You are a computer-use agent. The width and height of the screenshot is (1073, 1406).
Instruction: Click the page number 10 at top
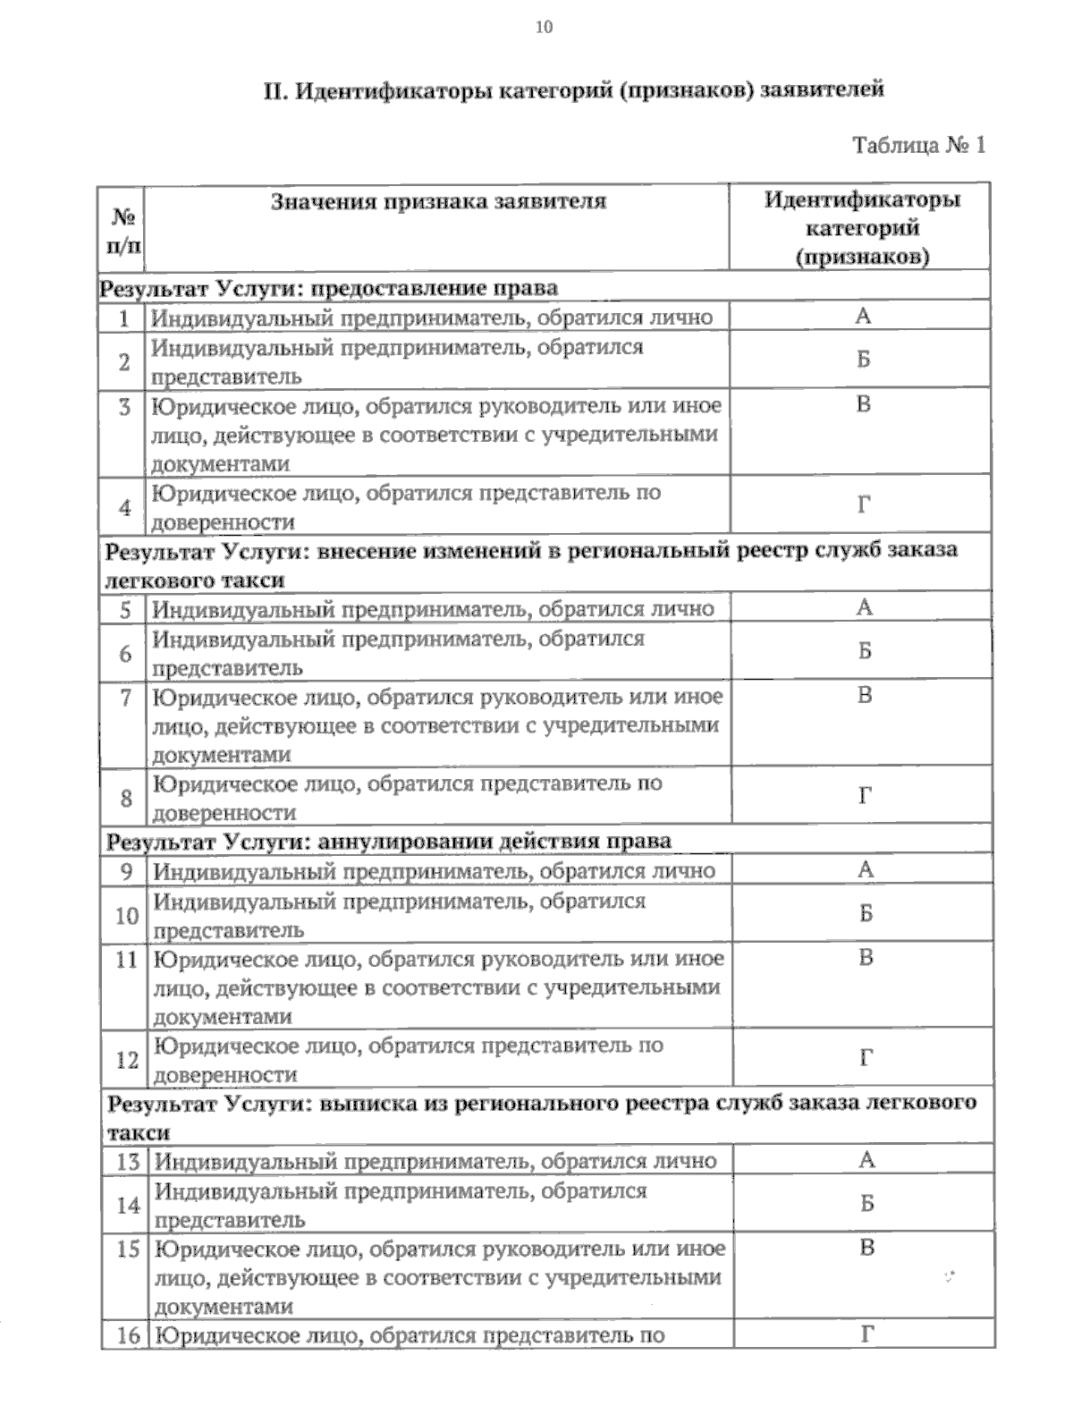pos(544,27)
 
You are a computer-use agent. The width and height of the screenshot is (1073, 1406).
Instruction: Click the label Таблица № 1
pos(919,145)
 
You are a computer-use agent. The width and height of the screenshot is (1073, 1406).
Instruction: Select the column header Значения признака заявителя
pos(438,200)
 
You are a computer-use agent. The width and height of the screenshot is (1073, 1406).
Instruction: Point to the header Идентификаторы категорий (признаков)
pos(862,228)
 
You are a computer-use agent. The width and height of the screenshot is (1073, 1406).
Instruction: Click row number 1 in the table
pos(124,318)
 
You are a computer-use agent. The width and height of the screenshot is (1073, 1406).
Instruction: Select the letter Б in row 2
pos(863,360)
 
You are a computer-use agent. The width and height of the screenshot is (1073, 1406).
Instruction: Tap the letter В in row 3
pos(863,405)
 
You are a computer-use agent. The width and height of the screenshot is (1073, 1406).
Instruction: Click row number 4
pos(125,507)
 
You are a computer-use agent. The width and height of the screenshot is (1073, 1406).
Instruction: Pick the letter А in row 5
pos(864,608)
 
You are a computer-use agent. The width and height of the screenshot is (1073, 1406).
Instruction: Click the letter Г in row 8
pos(865,796)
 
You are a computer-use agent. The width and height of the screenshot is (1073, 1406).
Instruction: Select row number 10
pos(127,916)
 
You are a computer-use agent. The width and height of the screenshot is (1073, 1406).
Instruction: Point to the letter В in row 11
pos(866,958)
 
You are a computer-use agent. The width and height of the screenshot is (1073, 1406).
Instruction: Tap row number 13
pos(129,1161)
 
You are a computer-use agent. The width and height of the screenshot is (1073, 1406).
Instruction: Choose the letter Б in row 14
pos(866,1204)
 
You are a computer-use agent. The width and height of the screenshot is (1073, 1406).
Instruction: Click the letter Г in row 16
pos(866,1335)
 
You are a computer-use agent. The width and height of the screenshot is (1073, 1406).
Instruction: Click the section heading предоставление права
pos(329,288)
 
